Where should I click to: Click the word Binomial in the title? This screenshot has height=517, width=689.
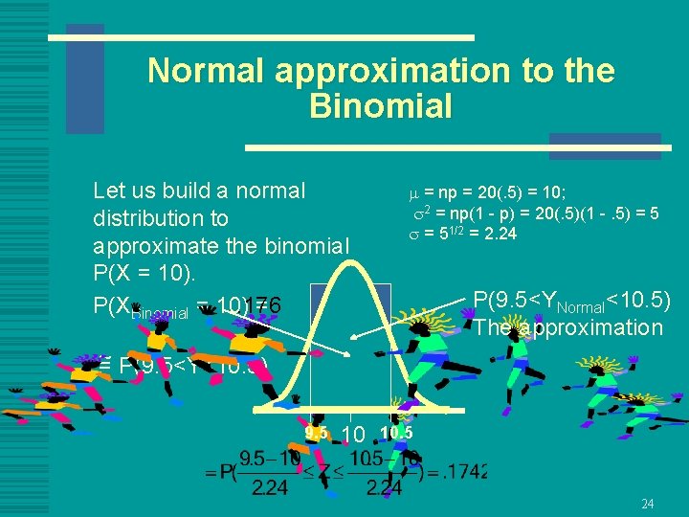pos(381,106)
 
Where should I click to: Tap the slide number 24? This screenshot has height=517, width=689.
pos(647,504)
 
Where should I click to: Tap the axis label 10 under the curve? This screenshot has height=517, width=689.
pos(352,435)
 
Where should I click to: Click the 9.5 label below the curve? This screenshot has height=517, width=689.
pos(317,433)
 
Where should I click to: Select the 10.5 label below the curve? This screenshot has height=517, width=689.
pos(395,433)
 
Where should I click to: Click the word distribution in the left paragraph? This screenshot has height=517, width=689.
pos(161,218)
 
